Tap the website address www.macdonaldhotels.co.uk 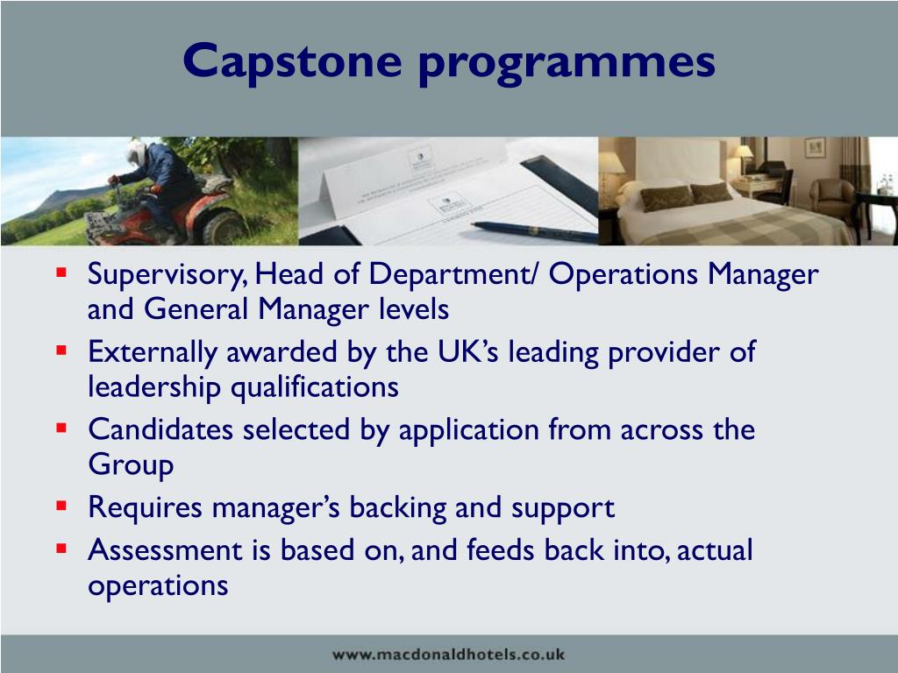pyautogui.click(x=449, y=654)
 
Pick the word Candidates pyautogui.click(x=161, y=429)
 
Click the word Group pyautogui.click(x=131, y=464)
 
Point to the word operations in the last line pyautogui.click(x=158, y=585)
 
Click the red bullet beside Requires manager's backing pyautogui.click(x=61, y=506)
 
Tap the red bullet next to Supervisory pyautogui.click(x=61, y=273)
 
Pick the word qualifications pyautogui.click(x=314, y=386)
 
